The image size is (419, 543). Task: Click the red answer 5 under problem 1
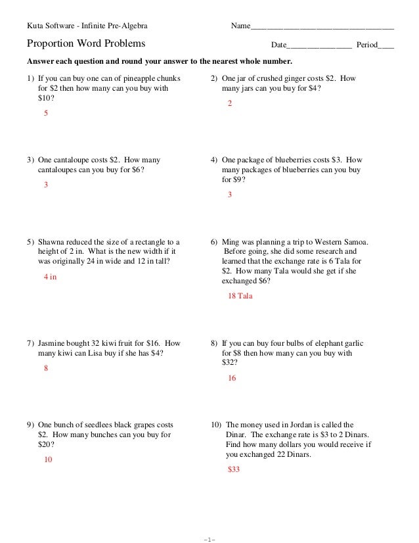click(x=45, y=114)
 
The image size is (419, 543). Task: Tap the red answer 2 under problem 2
click(x=229, y=104)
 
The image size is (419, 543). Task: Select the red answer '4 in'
click(x=50, y=277)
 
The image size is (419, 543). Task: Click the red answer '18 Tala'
click(x=240, y=296)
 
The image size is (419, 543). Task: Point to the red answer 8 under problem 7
click(x=45, y=369)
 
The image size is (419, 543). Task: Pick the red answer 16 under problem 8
click(x=231, y=379)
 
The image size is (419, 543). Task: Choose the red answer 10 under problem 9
click(x=48, y=460)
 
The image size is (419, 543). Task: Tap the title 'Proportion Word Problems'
click(x=86, y=45)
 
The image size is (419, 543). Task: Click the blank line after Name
click(x=322, y=27)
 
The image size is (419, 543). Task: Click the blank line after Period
click(x=387, y=46)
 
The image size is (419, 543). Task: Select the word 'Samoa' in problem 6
click(x=355, y=242)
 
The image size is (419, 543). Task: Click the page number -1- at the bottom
click(x=209, y=540)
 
